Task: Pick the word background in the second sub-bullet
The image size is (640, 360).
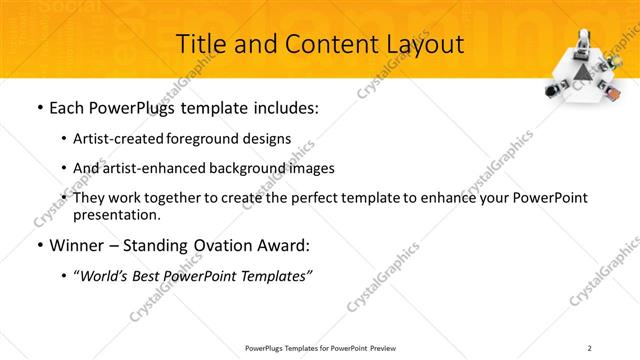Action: [246, 168]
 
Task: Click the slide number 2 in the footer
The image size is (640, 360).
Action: [590, 347]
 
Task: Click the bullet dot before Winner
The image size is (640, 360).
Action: [39, 245]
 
